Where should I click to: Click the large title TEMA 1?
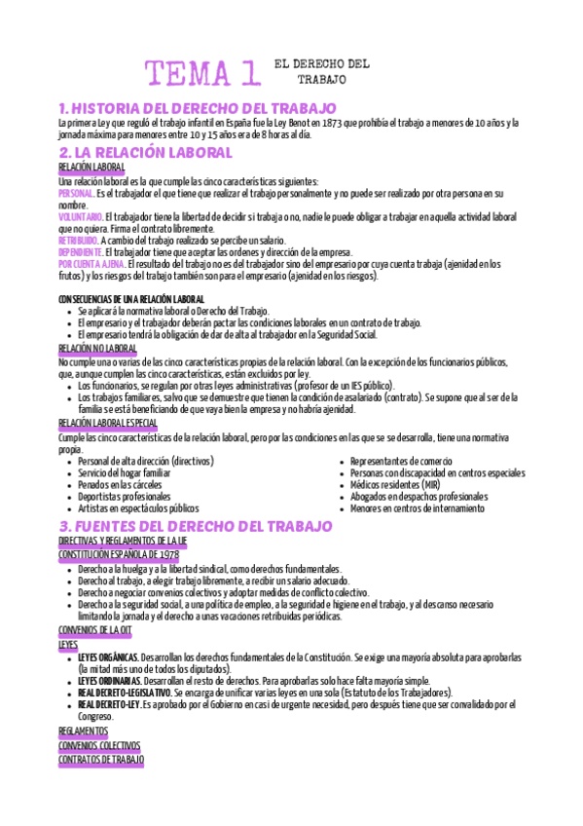[x=202, y=73]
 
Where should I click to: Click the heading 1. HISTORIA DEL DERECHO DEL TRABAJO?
[x=197, y=108]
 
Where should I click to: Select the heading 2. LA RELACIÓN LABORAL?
[x=145, y=153]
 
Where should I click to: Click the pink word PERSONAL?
[x=76, y=194]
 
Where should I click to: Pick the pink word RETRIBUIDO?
[x=78, y=240]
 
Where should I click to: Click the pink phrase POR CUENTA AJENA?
[x=90, y=263]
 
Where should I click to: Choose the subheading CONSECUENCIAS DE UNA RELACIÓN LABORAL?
[x=131, y=298]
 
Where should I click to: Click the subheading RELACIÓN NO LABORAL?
[x=97, y=348]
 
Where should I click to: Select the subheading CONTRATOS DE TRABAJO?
[x=101, y=758]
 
